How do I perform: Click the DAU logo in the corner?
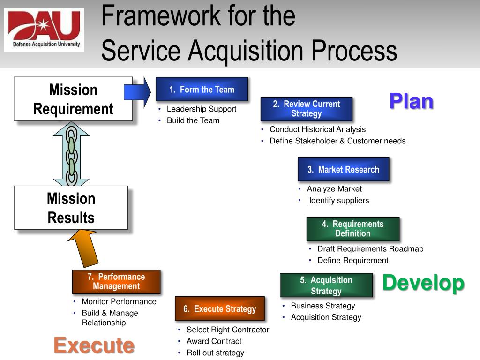pyautogui.click(x=44, y=30)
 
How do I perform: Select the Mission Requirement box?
pyautogui.click(x=73, y=99)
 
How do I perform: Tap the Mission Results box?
pyautogui.click(x=71, y=208)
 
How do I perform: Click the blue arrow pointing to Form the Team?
pyautogui.click(x=138, y=89)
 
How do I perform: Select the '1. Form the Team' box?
pyautogui.click(x=202, y=90)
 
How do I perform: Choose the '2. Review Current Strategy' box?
pyautogui.click(x=306, y=109)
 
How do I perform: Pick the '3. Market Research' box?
pyautogui.click(x=343, y=169)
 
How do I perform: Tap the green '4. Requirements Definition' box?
pyautogui.click(x=352, y=229)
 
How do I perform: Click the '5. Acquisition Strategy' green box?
pyautogui.click(x=326, y=285)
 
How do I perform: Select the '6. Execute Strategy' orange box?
pyautogui.click(x=219, y=308)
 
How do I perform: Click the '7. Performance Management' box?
pyautogui.click(x=116, y=281)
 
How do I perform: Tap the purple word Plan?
pyautogui.click(x=411, y=101)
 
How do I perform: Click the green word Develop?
pyautogui.click(x=423, y=283)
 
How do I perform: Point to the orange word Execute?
pyautogui.click(x=94, y=345)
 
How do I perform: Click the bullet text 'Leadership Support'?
pyautogui.click(x=202, y=109)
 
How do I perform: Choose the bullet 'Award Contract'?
pyautogui.click(x=214, y=341)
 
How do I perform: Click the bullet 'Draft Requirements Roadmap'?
pyautogui.click(x=370, y=249)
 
